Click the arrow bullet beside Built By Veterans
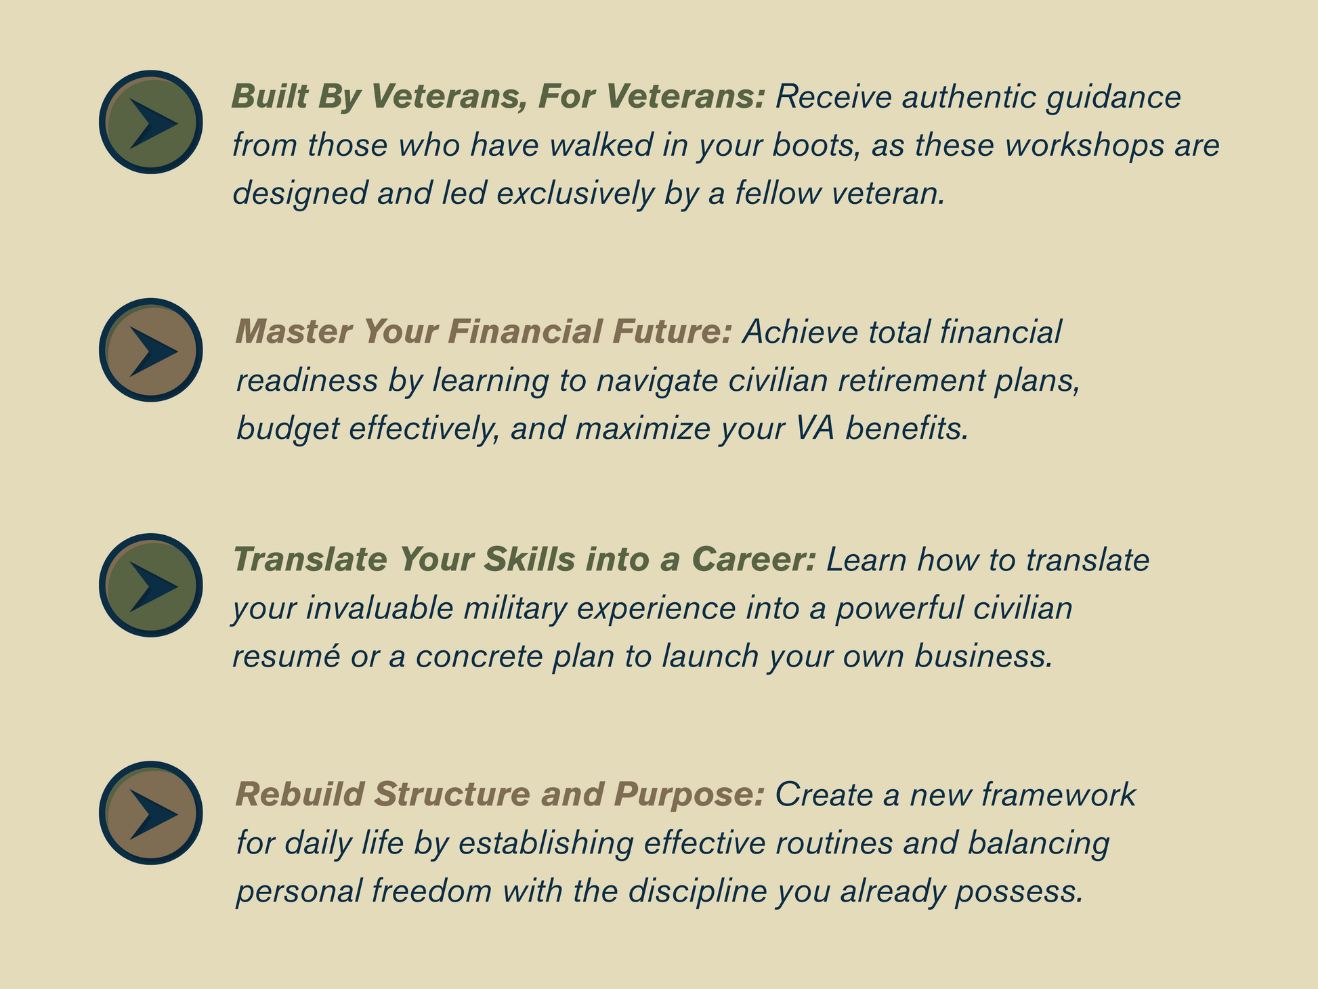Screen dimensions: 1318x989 [151, 122]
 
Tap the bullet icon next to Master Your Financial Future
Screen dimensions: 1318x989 [151, 350]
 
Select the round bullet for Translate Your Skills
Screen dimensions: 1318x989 [151, 585]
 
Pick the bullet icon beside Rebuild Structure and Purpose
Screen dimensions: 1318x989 [151, 813]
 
